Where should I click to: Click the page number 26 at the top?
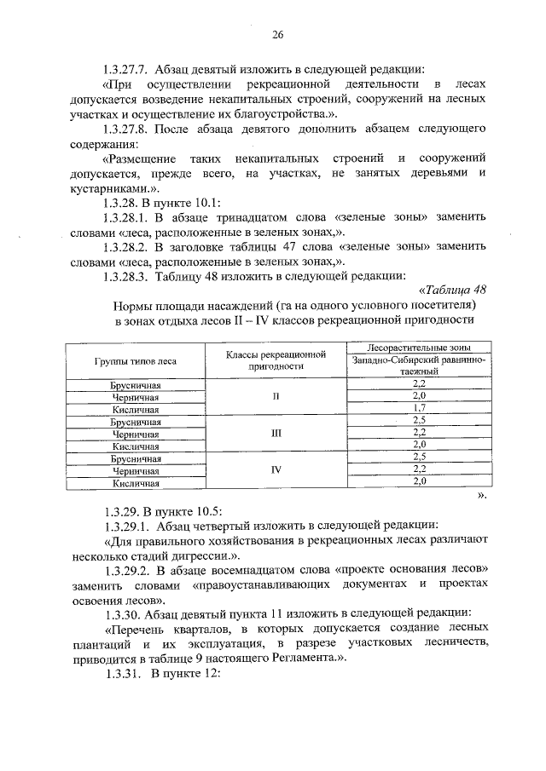pos(277,35)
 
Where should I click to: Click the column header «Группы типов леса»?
pos(136,361)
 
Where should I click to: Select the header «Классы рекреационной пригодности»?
pos(276,360)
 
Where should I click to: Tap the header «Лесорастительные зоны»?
pos(418,348)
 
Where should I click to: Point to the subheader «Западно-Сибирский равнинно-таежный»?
pos(418,366)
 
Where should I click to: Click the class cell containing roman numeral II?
pos(276,397)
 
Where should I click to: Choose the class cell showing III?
pos(276,433)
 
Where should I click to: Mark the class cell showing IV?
pos(276,469)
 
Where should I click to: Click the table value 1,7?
pos(419,409)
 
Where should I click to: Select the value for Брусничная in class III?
pos(419,421)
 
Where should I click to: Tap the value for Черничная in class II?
pos(419,397)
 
